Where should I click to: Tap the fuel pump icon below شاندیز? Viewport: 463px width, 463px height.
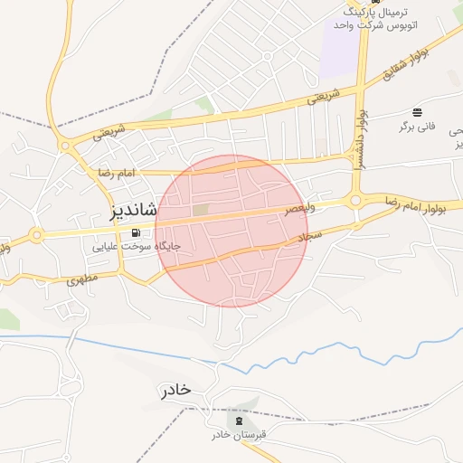(x=135, y=232)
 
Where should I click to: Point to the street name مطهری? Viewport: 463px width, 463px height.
(x=80, y=279)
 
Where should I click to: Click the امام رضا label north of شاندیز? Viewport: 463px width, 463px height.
(x=117, y=171)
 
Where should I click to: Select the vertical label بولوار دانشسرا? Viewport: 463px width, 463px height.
(x=362, y=140)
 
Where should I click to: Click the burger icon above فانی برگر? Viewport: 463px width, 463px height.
(x=417, y=112)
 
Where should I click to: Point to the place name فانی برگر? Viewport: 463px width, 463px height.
(x=417, y=126)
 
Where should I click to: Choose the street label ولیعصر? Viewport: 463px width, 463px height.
(x=301, y=208)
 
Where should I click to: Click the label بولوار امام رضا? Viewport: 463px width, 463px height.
(x=421, y=204)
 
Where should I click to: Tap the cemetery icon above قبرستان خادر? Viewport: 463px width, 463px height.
(x=239, y=420)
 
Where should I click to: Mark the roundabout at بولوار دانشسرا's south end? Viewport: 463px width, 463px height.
(x=355, y=200)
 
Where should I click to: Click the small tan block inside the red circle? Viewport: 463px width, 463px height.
(x=200, y=211)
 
